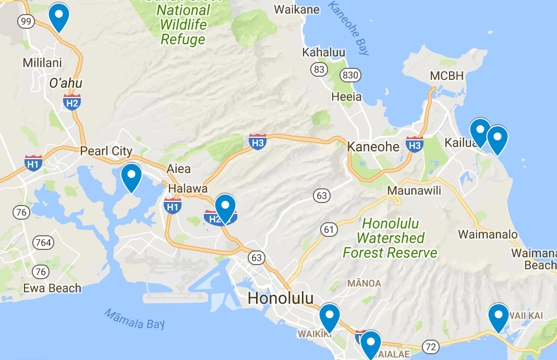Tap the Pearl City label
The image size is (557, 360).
pyautogui.click(x=106, y=151)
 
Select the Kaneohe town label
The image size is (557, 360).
pyautogui.click(x=373, y=147)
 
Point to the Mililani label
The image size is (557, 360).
pyautogui.click(x=42, y=63)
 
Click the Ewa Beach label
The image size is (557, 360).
pyautogui.click(x=52, y=288)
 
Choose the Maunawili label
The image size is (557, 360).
pyautogui.click(x=414, y=191)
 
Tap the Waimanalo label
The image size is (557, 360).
pyautogui.click(x=488, y=234)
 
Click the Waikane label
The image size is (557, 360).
pyautogui.click(x=296, y=9)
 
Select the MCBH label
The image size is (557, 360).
pyautogui.click(x=446, y=76)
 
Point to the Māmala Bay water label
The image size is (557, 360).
pyautogui.click(x=134, y=319)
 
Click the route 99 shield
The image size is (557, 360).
pyautogui.click(x=26, y=21)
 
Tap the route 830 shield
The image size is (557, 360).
pyautogui.click(x=350, y=75)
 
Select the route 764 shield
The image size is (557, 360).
pyautogui.click(x=42, y=243)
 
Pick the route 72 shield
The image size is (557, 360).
pyautogui.click(x=431, y=346)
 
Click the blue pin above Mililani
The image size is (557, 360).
pyautogui.click(x=59, y=17)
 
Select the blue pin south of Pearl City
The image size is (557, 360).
pyautogui.click(x=131, y=177)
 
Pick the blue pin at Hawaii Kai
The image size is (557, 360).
pyautogui.click(x=499, y=316)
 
